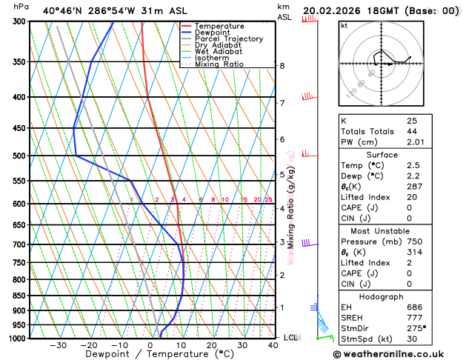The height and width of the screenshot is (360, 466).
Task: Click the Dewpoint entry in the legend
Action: pyautogui.click(x=212, y=33)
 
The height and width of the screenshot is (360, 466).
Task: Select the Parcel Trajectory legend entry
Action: pyautogui.click(x=228, y=39)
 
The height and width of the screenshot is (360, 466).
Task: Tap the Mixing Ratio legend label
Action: pyautogui.click(x=219, y=64)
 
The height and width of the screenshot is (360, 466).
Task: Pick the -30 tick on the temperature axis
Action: pyautogui.click(x=58, y=345)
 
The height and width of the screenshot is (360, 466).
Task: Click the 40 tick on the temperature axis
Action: pyautogui.click(x=273, y=345)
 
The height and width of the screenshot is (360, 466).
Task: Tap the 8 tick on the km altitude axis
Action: pyautogui.click(x=282, y=66)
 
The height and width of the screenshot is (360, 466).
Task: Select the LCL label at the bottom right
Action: pyautogui.click(x=290, y=338)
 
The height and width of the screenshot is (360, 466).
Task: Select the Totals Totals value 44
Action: pyautogui.click(x=412, y=131)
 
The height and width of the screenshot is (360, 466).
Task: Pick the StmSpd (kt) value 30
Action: pyautogui.click(x=412, y=339)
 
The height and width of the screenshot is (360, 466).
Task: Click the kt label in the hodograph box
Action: pyautogui.click(x=344, y=25)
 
